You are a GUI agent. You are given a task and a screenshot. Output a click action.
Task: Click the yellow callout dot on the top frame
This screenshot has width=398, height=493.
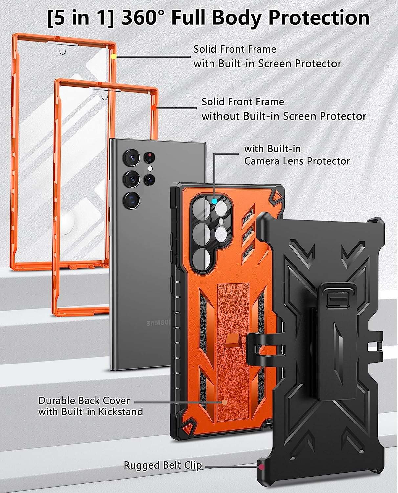tap(114, 56)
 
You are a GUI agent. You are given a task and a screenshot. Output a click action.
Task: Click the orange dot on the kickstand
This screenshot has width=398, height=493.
tap(225, 402)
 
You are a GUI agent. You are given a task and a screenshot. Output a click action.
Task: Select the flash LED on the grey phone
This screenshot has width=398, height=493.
tap(150, 169)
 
